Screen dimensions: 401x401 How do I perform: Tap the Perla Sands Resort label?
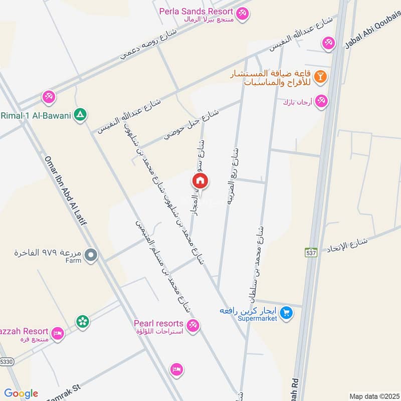(x=196, y=12)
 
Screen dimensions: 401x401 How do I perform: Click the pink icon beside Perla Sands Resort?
(x=243, y=13)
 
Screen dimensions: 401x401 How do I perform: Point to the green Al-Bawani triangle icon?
(x=79, y=115)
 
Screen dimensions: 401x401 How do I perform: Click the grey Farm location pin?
(x=91, y=256)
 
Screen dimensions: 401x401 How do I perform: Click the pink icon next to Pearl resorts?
(x=193, y=326)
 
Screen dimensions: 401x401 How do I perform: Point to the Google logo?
(x=21, y=393)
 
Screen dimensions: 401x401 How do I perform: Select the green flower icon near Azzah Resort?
(x=82, y=320)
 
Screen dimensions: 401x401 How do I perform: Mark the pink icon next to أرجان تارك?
(x=322, y=101)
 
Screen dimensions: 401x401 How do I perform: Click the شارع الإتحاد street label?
(x=347, y=245)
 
